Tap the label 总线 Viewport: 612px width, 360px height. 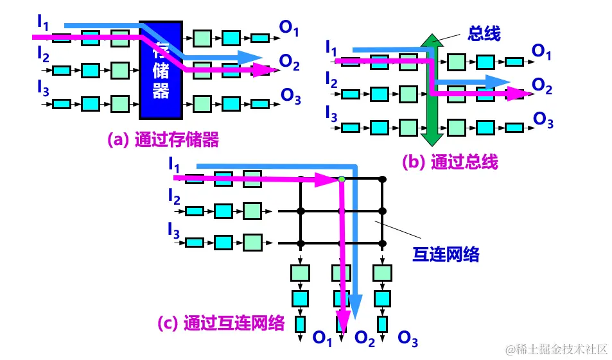click(x=484, y=33)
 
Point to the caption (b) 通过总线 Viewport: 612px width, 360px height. click(x=450, y=162)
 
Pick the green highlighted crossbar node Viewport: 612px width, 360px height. click(x=342, y=179)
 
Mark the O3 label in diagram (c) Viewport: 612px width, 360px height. click(x=408, y=338)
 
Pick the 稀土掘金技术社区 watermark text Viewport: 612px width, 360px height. click(x=555, y=349)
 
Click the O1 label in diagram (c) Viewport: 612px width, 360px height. click(x=322, y=338)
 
